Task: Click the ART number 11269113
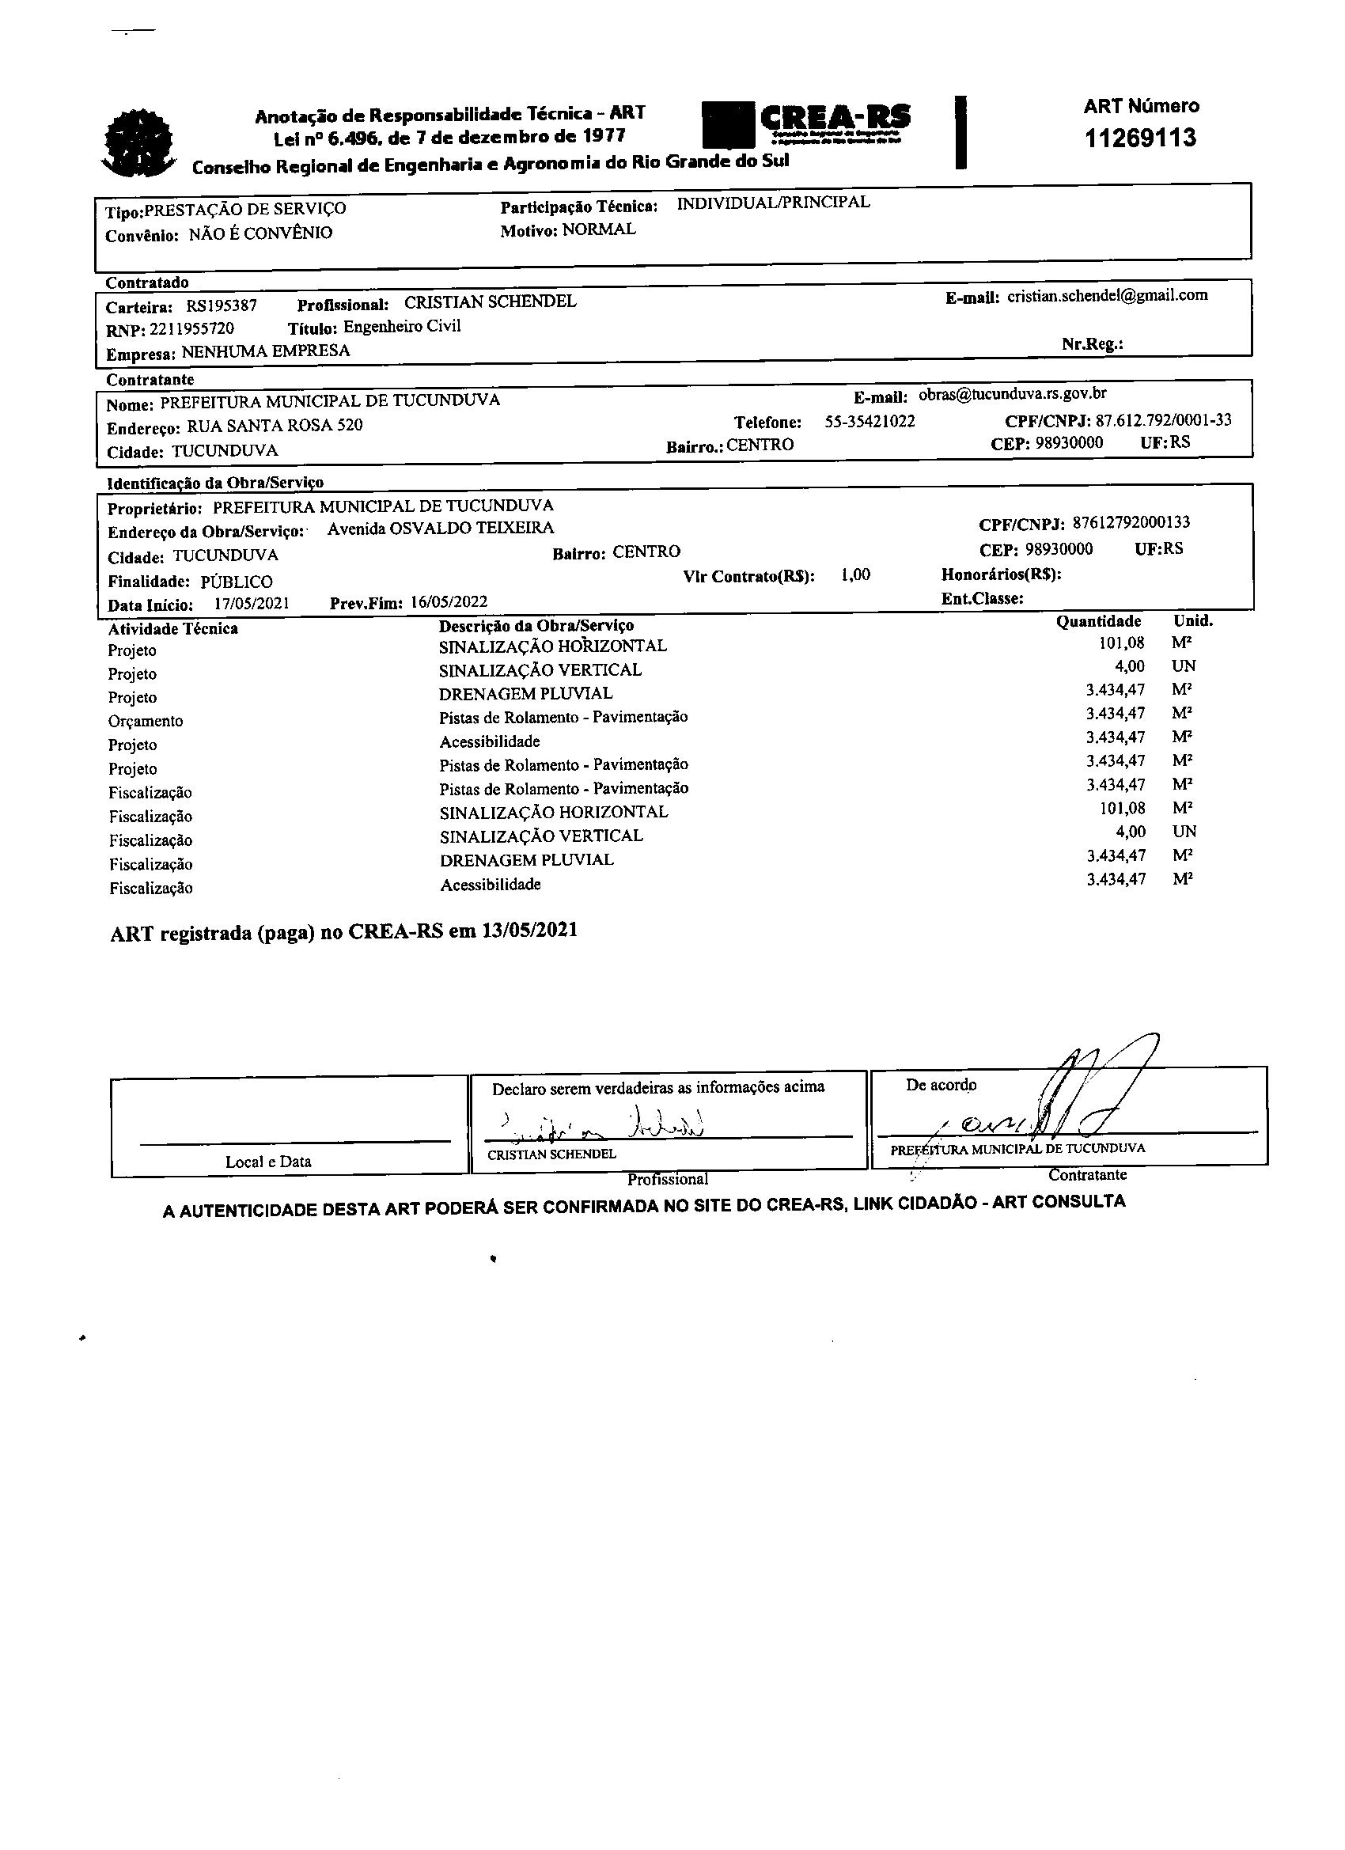click(1140, 138)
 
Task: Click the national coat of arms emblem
click(138, 142)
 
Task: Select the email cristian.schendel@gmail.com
click(1107, 295)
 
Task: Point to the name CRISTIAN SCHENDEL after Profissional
click(491, 301)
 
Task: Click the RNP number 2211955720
click(191, 329)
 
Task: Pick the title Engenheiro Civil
click(402, 327)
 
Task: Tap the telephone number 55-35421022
click(870, 422)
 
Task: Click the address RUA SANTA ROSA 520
click(275, 426)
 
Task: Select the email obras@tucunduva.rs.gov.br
click(1012, 394)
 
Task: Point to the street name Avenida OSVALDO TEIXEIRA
click(441, 529)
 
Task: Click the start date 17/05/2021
click(252, 604)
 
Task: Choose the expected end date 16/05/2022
click(449, 603)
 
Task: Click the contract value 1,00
click(855, 575)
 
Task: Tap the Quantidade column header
click(1098, 622)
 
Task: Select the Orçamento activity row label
click(146, 721)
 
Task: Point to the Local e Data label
click(268, 1162)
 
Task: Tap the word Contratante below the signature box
click(1087, 1174)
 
